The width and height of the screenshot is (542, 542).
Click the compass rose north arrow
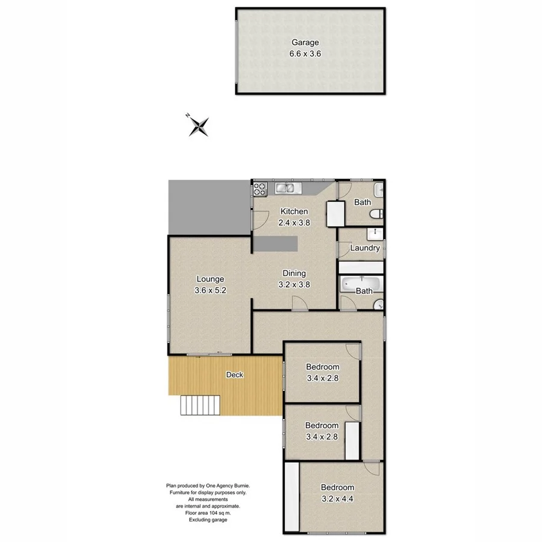coord(199,126)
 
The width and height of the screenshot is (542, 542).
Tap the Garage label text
coord(305,43)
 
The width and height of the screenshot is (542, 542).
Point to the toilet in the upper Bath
coord(376,215)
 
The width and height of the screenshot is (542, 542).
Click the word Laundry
coord(364,248)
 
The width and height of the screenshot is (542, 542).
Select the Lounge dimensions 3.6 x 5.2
coord(210,290)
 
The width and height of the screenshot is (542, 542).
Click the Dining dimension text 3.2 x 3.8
coord(294,285)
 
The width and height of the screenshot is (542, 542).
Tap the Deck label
coord(234,375)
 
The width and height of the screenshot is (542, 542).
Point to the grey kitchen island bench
coord(275,244)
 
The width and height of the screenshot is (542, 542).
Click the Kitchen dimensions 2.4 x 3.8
coord(293,222)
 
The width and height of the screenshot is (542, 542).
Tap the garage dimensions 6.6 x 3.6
coord(305,53)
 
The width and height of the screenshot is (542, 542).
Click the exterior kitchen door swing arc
coord(257,222)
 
